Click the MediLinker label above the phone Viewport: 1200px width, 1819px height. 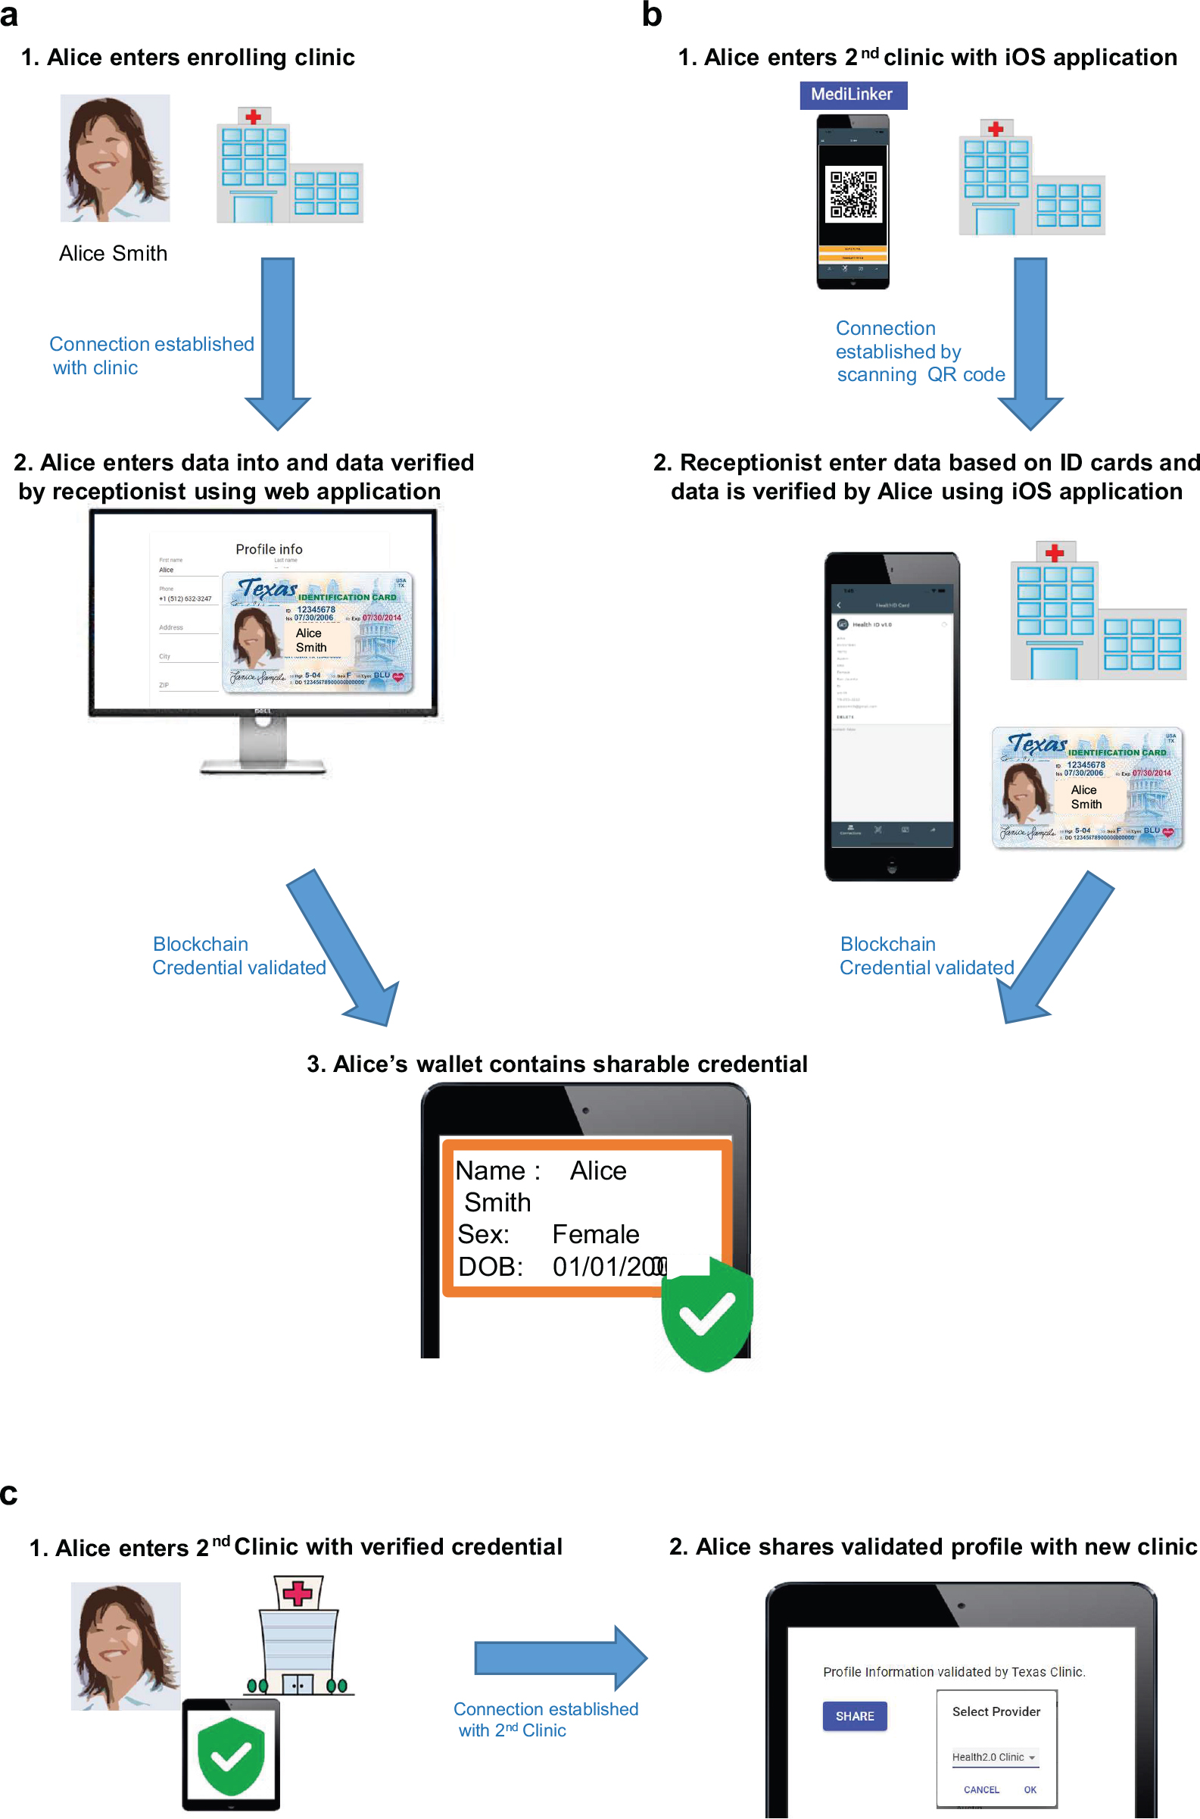pos(852,95)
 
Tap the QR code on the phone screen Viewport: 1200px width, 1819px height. pos(853,195)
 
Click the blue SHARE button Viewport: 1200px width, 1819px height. pos(854,1717)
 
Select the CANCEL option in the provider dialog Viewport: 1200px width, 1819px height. pos(981,1790)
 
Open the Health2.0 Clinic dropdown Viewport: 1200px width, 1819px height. pos(994,1757)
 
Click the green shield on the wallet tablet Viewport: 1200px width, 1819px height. pos(706,1314)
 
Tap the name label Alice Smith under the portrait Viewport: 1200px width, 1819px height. pos(114,253)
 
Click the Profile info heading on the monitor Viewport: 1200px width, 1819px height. pos(269,549)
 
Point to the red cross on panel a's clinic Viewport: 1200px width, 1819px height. pos(254,117)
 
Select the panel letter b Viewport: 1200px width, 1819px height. pos(651,15)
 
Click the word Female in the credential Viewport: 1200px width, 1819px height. pos(595,1234)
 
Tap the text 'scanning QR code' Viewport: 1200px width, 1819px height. pos(920,374)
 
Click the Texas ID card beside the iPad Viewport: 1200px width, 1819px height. pos(1086,788)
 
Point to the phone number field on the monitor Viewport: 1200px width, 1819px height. pos(186,599)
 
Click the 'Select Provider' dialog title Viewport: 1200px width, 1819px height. pos(996,1712)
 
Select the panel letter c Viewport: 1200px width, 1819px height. pos(9,1495)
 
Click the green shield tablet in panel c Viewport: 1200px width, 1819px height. pos(230,1754)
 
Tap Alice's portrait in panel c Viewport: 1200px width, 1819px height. pos(126,1646)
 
